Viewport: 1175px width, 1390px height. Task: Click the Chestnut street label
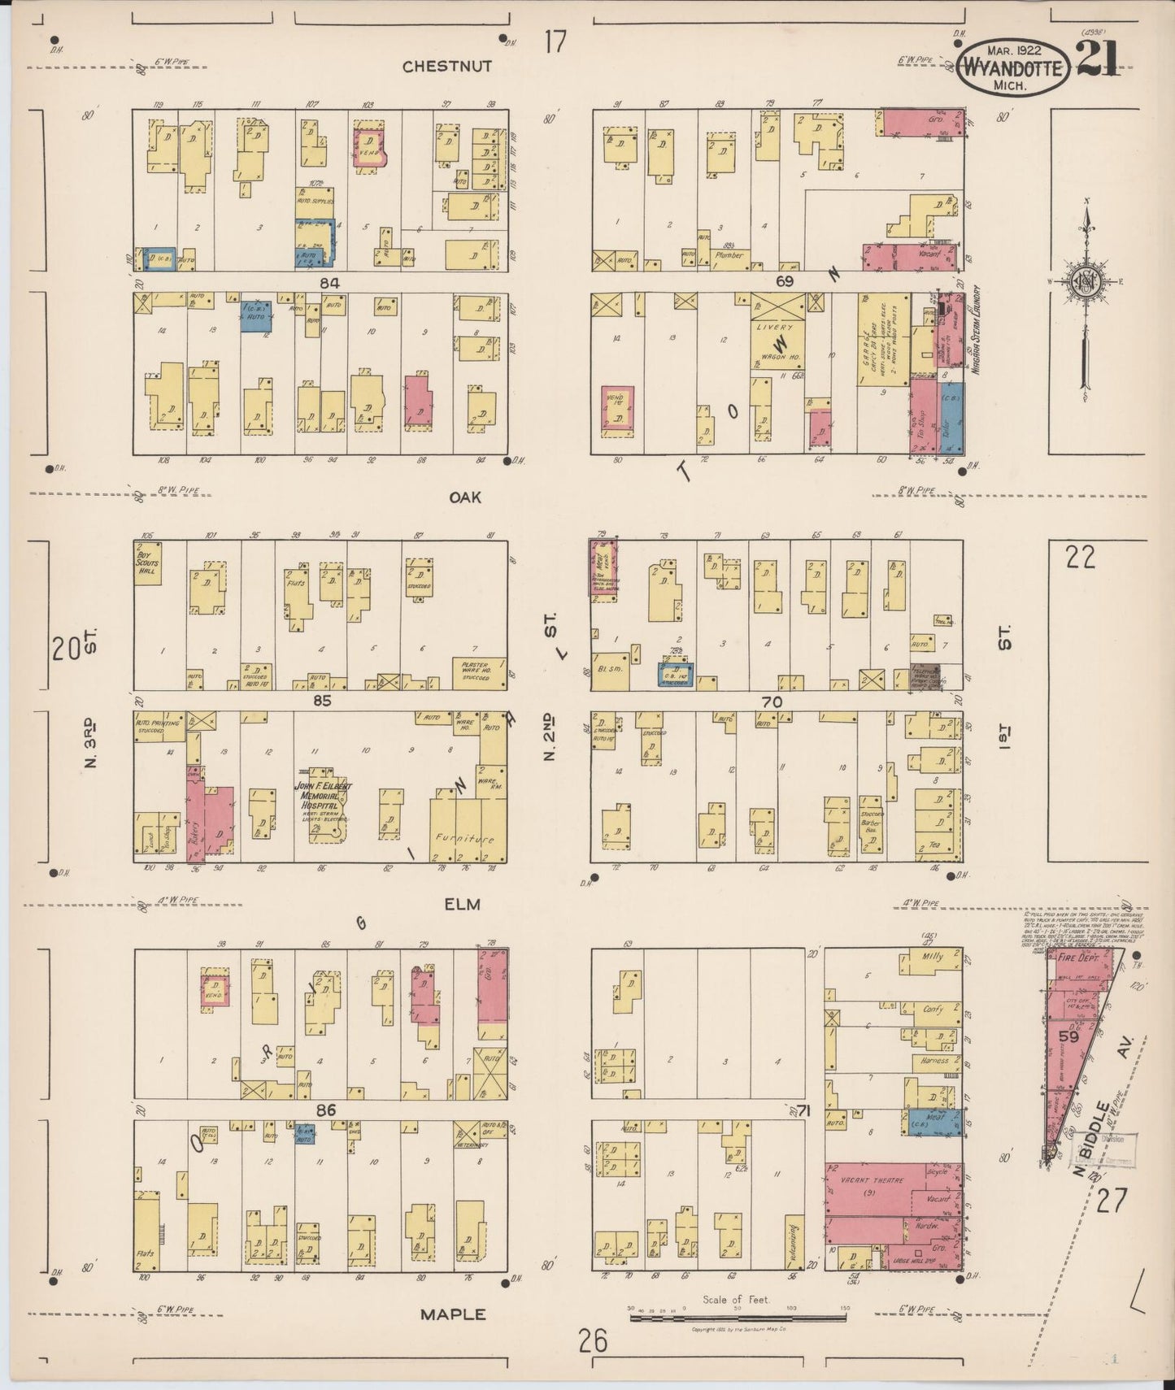447,67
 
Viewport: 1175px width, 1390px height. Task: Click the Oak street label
465,497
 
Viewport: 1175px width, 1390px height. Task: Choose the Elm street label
462,903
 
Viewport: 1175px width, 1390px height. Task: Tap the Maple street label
454,1314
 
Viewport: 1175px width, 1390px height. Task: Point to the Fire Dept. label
1077,959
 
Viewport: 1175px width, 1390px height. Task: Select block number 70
771,702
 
